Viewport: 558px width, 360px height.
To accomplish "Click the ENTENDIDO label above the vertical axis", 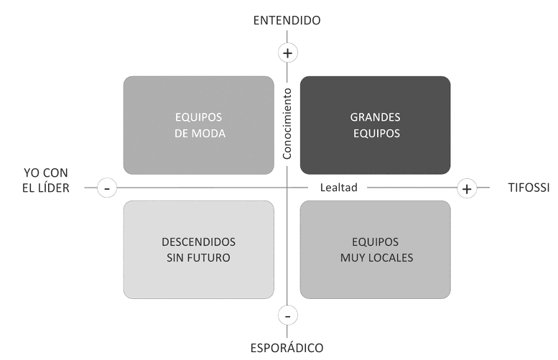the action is pos(287,20).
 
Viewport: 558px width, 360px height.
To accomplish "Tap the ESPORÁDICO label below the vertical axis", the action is pos(287,348).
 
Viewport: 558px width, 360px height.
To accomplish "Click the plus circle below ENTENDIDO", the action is pos(287,52).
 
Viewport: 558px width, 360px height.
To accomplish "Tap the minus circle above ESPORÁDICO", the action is pos(287,316).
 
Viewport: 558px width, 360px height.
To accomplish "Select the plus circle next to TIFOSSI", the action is pos(467,189).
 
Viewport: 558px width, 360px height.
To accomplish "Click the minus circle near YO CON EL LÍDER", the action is pos(106,189).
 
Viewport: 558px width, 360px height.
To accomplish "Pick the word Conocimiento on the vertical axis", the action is pos(287,124).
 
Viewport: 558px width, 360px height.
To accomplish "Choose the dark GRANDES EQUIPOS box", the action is pos(375,125).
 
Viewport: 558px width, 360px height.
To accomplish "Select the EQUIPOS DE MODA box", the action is pos(198,125).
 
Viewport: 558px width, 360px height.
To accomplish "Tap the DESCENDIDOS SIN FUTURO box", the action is pos(198,249).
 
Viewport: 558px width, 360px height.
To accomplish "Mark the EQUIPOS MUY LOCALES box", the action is pos(375,249).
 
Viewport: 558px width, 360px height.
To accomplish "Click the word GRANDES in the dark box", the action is pos(375,116).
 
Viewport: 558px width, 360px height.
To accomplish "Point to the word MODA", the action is pos(210,134).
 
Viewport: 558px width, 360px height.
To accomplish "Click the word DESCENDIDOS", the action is pos(198,241).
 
